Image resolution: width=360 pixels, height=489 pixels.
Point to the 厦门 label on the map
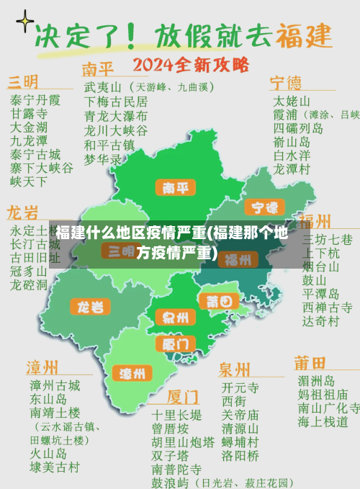[x=174, y=344]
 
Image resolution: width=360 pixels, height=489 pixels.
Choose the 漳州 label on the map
[x=132, y=373]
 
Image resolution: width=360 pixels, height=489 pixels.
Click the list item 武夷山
[x=101, y=86]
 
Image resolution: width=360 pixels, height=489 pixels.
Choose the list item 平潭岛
[x=321, y=294]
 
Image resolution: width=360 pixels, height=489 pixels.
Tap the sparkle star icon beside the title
[x=24, y=22]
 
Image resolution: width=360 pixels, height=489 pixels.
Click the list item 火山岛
[x=48, y=454]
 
